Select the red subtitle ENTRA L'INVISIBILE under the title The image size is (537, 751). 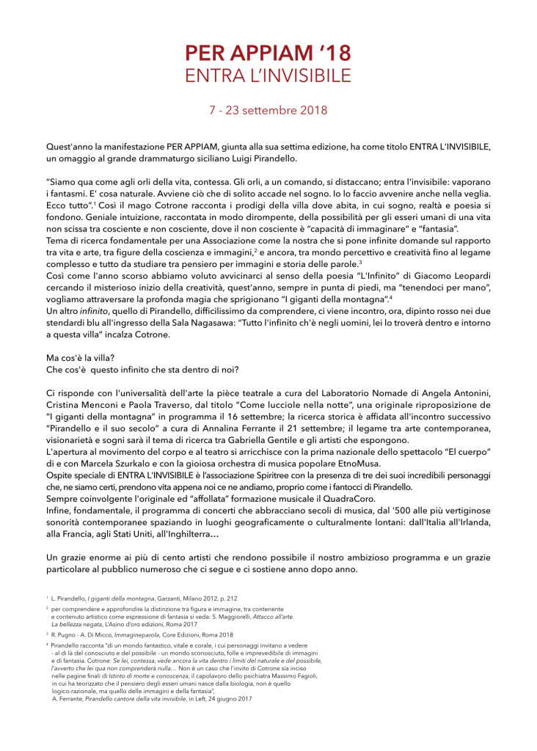[x=268, y=75]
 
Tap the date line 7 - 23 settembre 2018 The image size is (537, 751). [x=268, y=111]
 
